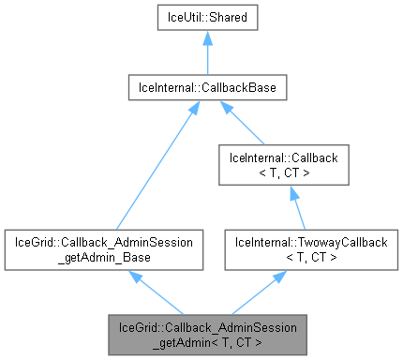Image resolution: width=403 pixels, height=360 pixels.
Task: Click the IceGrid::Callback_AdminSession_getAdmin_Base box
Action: click(103, 248)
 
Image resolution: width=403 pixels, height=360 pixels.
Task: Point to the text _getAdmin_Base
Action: click(103, 256)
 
